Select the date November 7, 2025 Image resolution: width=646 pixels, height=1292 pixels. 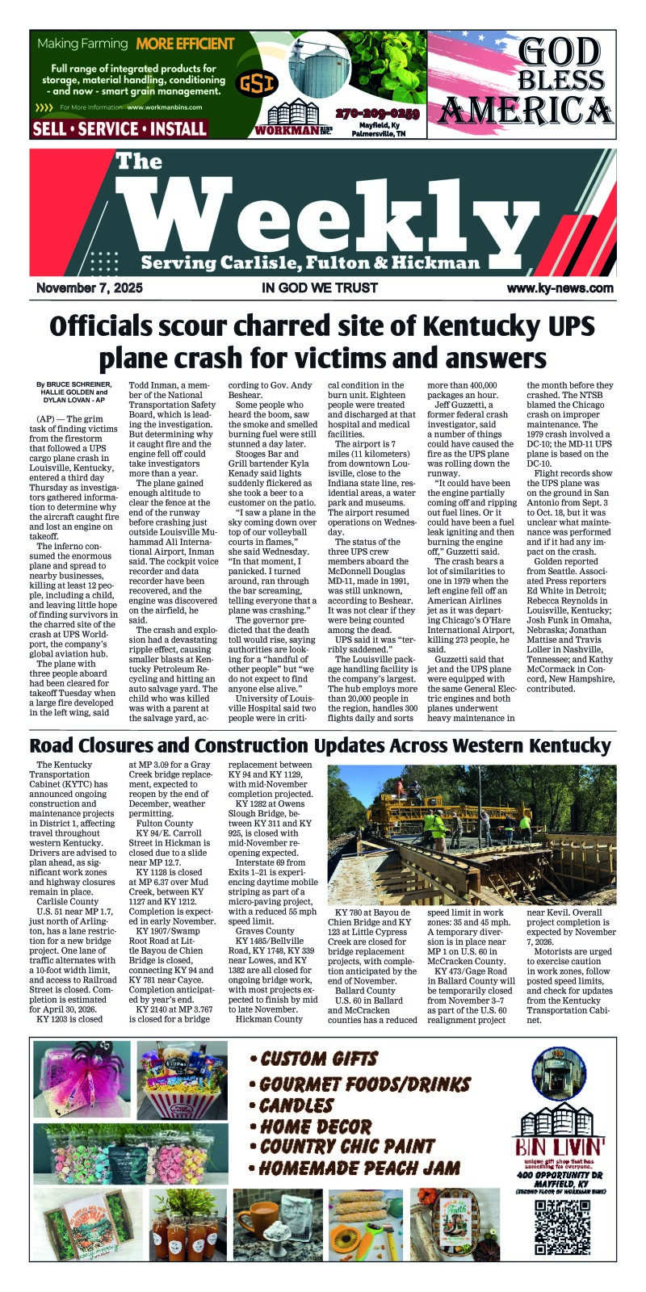(x=89, y=288)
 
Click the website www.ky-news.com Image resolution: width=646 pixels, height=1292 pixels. (x=560, y=288)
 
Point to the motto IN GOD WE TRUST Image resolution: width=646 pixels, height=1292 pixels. (x=320, y=288)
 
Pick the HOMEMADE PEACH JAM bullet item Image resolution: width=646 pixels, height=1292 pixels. (x=355, y=1168)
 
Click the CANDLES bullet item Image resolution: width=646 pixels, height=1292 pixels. (x=292, y=1105)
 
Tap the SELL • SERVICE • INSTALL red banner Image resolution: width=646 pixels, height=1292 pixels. (x=120, y=128)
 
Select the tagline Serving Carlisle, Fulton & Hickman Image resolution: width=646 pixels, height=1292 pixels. (x=310, y=263)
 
